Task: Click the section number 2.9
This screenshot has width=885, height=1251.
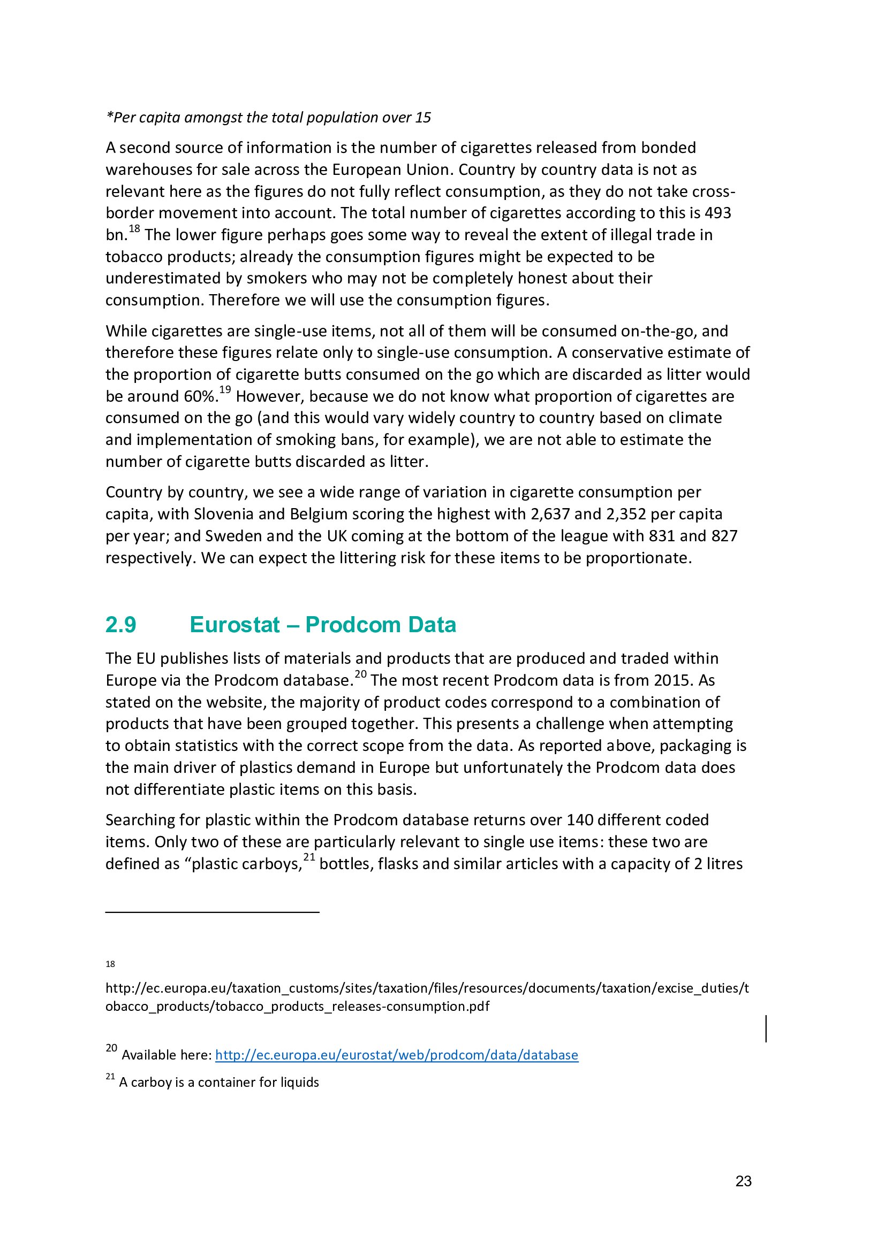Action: coord(120,625)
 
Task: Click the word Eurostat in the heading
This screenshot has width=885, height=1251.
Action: coord(235,625)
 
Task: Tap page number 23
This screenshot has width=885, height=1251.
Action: coord(743,1181)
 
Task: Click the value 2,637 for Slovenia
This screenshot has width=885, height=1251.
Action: coord(550,515)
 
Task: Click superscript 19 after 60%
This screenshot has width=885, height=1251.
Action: coord(225,390)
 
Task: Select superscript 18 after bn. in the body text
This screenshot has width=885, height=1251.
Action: coord(134,229)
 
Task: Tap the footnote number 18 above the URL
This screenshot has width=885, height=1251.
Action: coord(110,964)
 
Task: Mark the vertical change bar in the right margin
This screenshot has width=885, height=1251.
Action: coord(766,1029)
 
